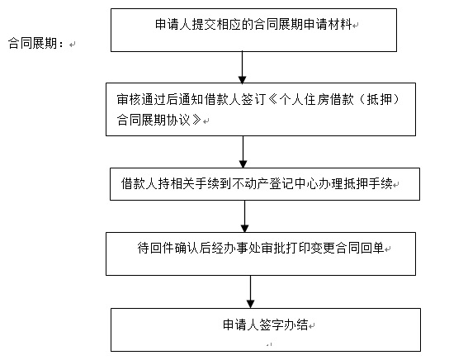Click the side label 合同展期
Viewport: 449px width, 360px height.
[32, 43]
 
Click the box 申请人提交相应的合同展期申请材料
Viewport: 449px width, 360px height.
[253, 30]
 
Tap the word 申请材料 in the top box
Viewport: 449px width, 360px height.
[328, 24]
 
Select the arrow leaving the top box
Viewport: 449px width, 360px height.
[243, 68]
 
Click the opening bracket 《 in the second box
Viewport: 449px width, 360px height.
[273, 100]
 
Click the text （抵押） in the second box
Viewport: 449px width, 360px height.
[379, 100]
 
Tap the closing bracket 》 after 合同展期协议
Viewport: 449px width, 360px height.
[196, 120]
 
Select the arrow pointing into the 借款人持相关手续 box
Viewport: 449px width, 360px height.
[243, 152]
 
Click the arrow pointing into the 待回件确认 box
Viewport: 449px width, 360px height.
[244, 216]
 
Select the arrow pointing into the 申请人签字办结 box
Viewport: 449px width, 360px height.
[251, 291]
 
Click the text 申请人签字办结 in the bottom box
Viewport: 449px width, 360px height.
[266, 324]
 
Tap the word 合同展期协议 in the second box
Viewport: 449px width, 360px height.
[154, 120]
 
